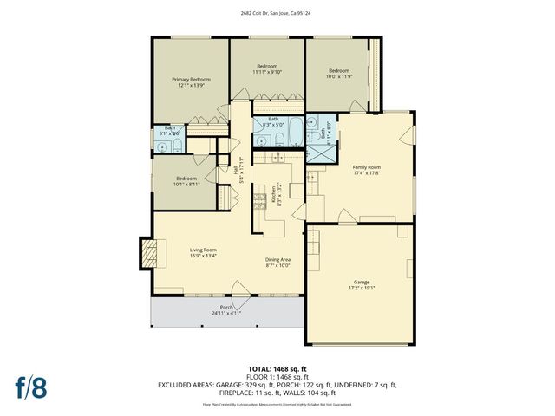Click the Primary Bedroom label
[x=190, y=79]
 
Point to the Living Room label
[x=203, y=250]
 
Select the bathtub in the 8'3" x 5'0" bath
[x=295, y=138]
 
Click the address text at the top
[x=277, y=13]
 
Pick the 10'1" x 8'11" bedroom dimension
[x=186, y=184]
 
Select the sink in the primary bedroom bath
[x=177, y=146]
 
